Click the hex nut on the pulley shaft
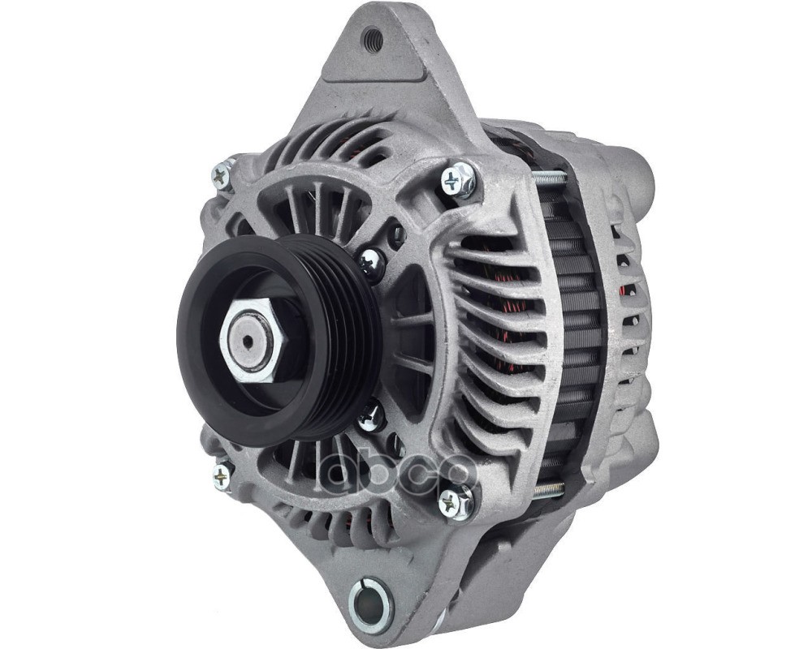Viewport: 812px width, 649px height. coord(253,341)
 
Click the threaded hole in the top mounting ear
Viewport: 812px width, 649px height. coord(373,38)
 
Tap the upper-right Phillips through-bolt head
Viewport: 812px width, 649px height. coord(456,179)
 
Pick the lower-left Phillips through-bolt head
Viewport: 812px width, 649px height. coord(222,475)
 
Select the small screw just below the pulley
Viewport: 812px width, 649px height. coord(371,416)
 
